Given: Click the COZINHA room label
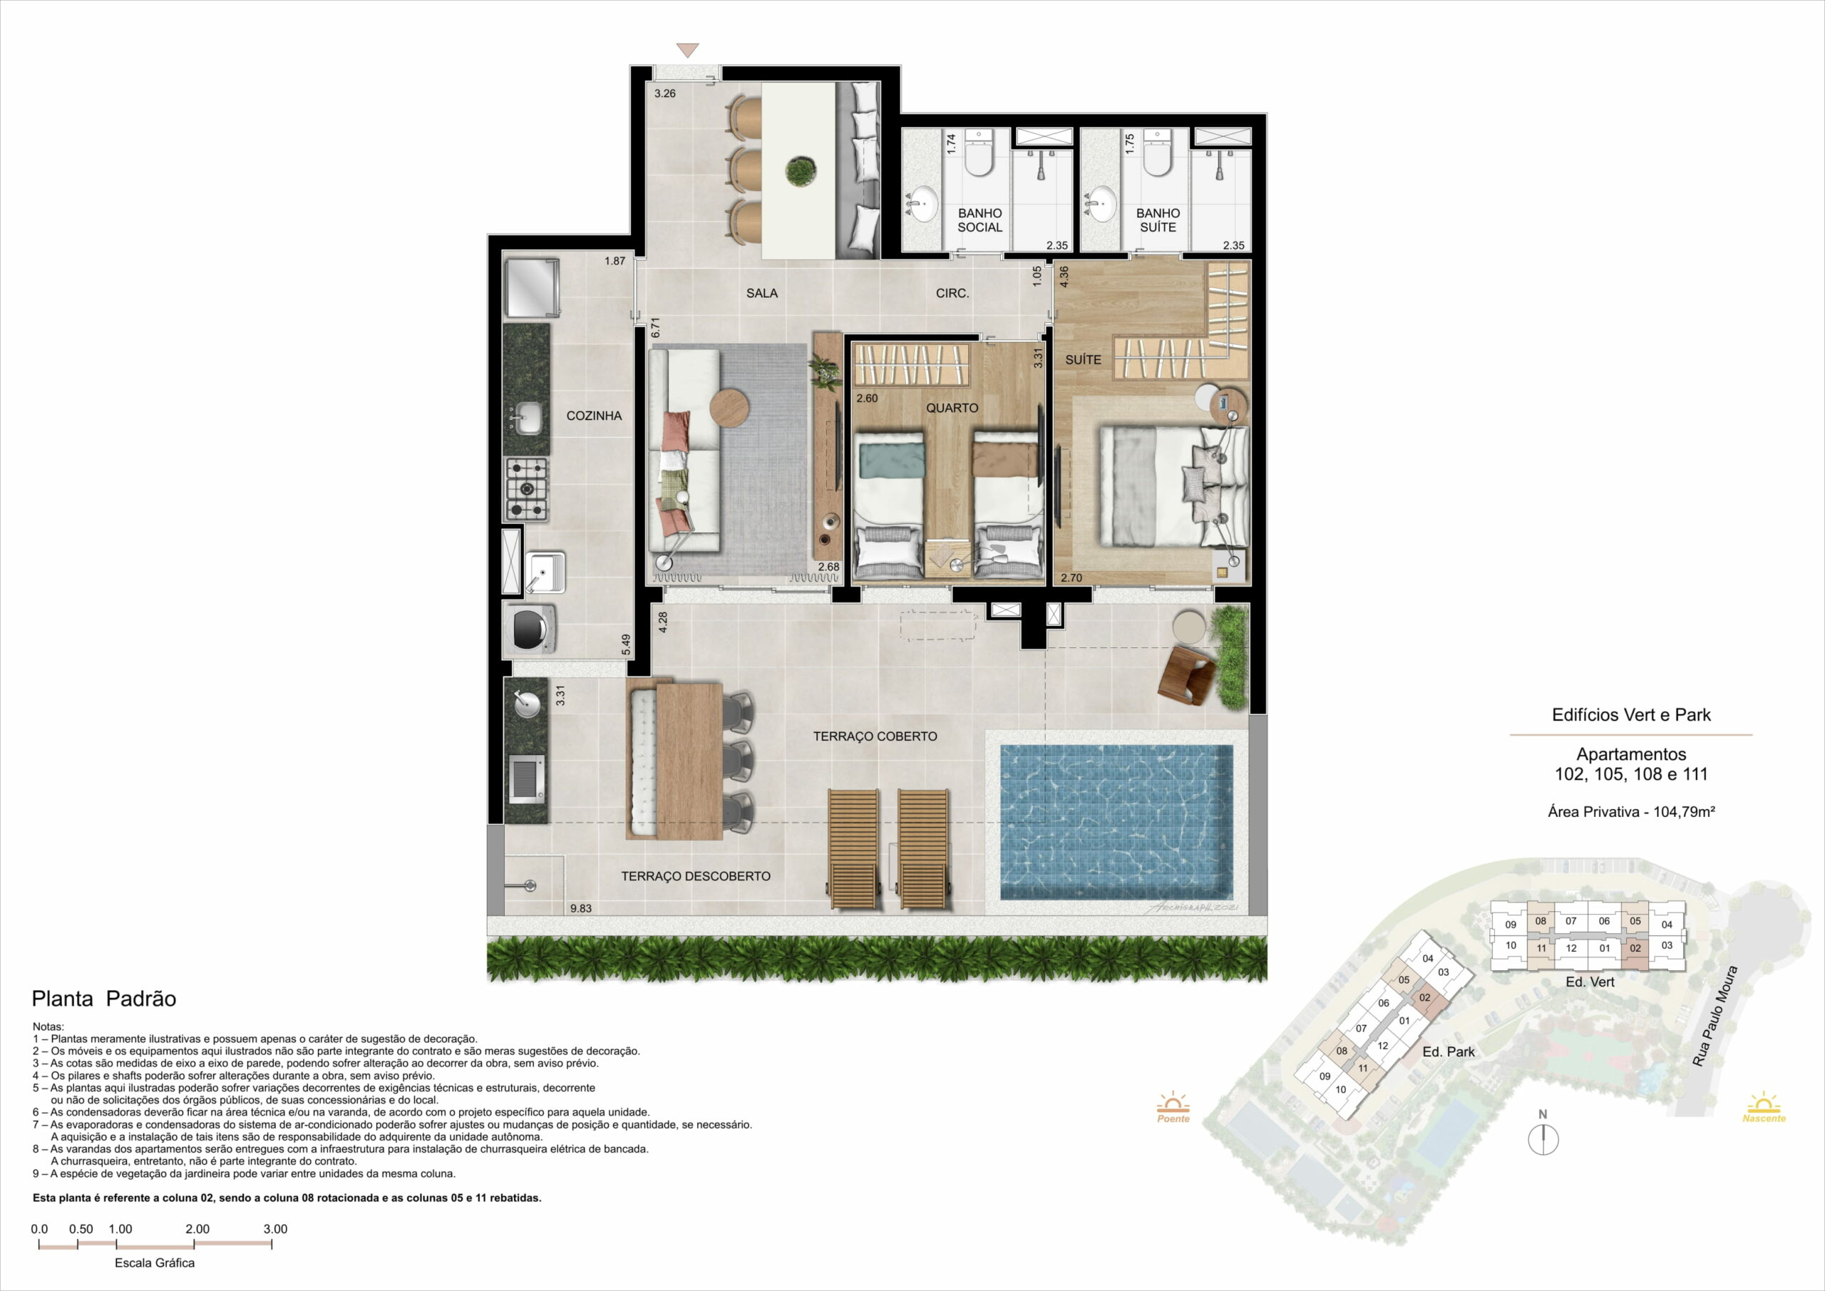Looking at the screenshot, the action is pyautogui.click(x=594, y=416).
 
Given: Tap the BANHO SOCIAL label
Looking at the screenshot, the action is pyautogui.click(x=980, y=220).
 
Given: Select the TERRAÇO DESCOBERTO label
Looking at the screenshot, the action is pyautogui.click(x=696, y=876).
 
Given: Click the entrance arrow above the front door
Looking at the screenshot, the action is pyautogui.click(x=687, y=50).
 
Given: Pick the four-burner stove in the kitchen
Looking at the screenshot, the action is pyautogui.click(x=527, y=490).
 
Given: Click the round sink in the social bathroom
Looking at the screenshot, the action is pyautogui.click(x=924, y=203).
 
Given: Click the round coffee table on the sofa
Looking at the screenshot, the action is pyautogui.click(x=729, y=408).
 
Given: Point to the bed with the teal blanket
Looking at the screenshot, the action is pyautogui.click(x=889, y=505).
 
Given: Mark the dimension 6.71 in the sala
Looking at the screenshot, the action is pyautogui.click(x=656, y=329).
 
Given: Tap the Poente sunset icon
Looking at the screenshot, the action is pyautogui.click(x=1173, y=1107).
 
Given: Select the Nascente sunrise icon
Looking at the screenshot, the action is pyautogui.click(x=1764, y=1106).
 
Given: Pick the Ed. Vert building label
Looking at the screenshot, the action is pyautogui.click(x=1590, y=982).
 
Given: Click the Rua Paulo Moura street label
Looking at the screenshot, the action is pyautogui.click(x=1715, y=1017).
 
